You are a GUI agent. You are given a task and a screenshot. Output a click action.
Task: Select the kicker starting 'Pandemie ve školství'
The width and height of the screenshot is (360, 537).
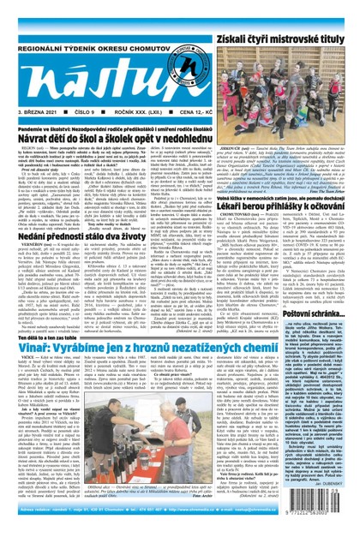117,128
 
